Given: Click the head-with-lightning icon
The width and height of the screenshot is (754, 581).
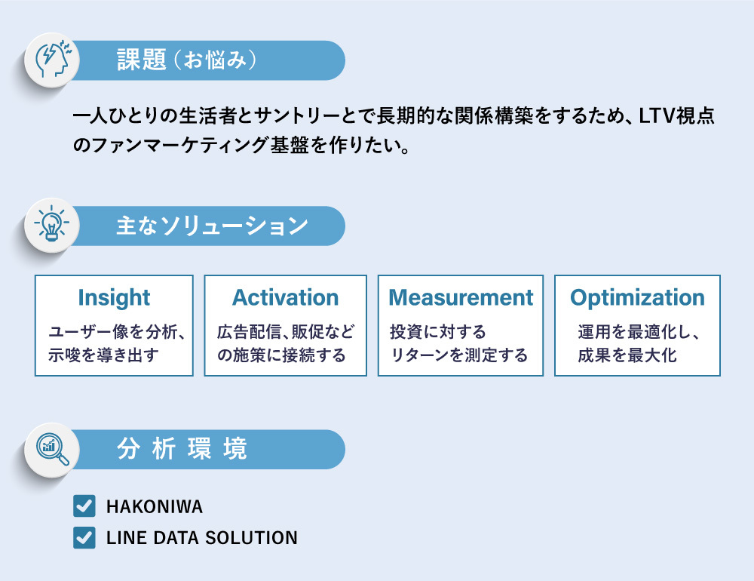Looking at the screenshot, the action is point(53,60).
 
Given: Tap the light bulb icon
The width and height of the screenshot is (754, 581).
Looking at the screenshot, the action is point(51,223).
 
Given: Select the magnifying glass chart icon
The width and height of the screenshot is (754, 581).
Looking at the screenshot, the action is point(52,450).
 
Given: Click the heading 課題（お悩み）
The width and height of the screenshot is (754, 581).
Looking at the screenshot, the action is point(186,60).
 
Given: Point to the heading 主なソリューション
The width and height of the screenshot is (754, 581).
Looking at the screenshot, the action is point(212,226).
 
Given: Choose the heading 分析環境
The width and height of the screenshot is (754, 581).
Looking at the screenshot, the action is point(182,449).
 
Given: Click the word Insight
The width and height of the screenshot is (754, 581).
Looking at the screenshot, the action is point(114,297).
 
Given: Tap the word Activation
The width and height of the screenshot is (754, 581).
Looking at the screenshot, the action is point(286,297).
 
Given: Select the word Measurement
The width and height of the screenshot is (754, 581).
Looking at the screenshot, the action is point(461,297).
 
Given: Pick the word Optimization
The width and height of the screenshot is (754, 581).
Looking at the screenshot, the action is point(637,298).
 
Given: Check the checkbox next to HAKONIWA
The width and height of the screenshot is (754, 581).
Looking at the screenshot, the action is point(84,506).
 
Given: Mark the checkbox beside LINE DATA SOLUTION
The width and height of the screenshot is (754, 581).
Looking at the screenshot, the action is point(84,538).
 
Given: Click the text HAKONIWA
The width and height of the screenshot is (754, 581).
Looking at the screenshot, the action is point(155,507).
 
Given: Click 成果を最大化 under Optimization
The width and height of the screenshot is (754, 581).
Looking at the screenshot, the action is point(627,355).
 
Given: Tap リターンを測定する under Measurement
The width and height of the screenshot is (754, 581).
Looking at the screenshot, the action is point(458,355).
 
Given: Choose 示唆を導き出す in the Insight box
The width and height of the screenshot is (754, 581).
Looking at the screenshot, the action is point(103,355).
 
